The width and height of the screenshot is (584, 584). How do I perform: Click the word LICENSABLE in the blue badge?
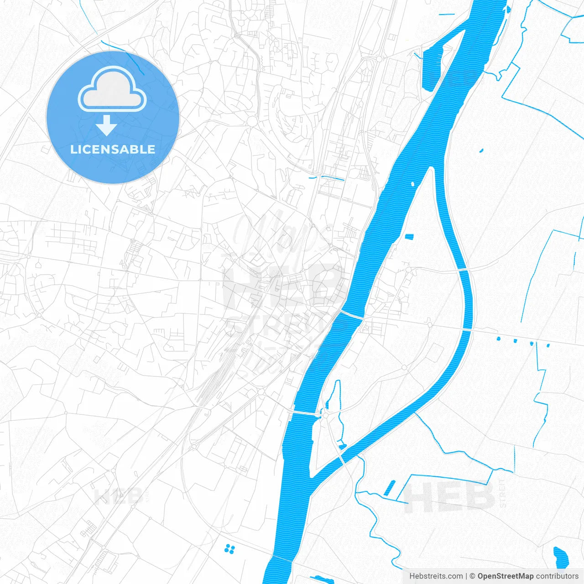click(x=113, y=149)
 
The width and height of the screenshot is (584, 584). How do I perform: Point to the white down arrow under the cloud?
click(x=107, y=125)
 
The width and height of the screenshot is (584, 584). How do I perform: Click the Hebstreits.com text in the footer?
click(x=436, y=576)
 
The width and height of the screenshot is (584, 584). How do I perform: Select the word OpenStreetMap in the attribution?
click(x=505, y=576)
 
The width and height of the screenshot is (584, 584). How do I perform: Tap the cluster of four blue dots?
click(x=229, y=549)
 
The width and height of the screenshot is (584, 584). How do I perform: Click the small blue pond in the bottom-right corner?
click(x=560, y=556)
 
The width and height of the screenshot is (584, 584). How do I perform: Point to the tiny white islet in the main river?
click(x=412, y=184)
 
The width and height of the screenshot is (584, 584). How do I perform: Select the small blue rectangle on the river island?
click(x=409, y=236)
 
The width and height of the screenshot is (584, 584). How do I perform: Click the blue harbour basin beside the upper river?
click(x=433, y=64)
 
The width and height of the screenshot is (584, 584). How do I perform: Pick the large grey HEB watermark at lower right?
click(x=449, y=497)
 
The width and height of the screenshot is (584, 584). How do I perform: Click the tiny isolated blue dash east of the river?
click(x=481, y=150)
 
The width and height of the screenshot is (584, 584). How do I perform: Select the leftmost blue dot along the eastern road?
click(x=498, y=339)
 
